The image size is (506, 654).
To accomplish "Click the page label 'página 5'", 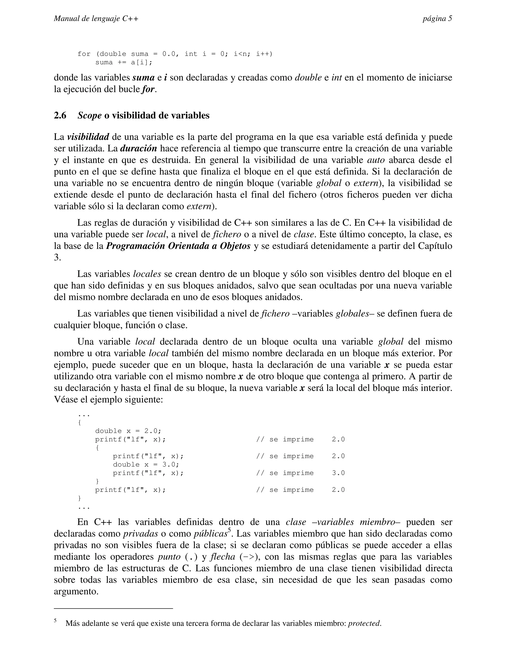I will [x=437, y=19].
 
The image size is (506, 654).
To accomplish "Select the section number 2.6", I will [x=60, y=115].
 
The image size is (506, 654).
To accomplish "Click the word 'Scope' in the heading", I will [x=89, y=115].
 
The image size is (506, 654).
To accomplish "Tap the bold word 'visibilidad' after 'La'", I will [x=88, y=137].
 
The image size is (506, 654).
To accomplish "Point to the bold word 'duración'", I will [x=139, y=149].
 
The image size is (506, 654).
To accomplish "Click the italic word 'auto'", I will [x=376, y=160].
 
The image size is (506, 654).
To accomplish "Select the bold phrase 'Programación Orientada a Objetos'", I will [x=178, y=246].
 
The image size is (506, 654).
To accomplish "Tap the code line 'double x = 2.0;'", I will [x=128, y=431].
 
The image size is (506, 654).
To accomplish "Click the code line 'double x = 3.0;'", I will [x=146, y=464].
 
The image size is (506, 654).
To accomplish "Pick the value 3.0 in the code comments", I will [x=338, y=473].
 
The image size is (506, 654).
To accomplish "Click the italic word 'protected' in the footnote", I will [x=364, y=623].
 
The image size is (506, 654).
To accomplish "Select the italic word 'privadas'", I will [x=141, y=534].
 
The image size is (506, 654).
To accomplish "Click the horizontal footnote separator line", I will [x=113, y=609].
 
